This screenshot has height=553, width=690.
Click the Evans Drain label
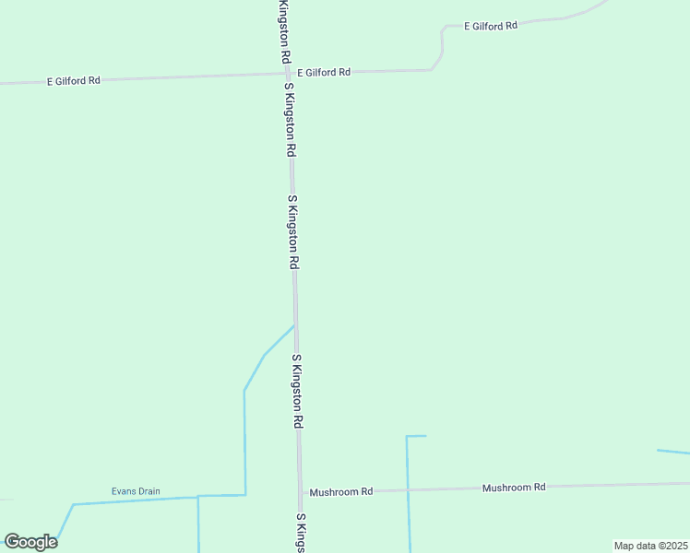(136, 491)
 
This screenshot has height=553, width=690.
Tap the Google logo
(30, 542)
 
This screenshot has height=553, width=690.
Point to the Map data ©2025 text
(651, 546)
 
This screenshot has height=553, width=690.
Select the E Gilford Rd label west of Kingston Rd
(74, 81)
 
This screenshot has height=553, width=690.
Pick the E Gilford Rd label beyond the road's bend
(490, 27)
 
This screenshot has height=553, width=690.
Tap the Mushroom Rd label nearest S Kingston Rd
(340, 492)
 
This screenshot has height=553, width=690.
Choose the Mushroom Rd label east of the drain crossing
(514, 487)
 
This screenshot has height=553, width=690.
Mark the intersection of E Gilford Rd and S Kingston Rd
(289, 74)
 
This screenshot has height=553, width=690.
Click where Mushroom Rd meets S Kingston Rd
(300, 493)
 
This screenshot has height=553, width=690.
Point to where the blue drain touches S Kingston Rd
(294, 325)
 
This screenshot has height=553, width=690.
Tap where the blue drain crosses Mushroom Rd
(408, 489)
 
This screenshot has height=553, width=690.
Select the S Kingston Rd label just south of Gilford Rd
(291, 119)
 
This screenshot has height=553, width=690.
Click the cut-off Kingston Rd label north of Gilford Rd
(285, 31)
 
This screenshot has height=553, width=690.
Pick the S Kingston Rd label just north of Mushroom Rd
(297, 392)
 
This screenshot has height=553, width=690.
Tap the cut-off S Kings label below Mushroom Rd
(301, 533)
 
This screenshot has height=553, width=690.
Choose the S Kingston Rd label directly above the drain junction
(293, 232)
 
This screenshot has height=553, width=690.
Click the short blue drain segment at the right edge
(673, 452)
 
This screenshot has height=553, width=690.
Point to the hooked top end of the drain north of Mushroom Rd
(417, 436)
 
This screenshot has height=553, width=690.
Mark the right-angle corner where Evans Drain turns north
(244, 495)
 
